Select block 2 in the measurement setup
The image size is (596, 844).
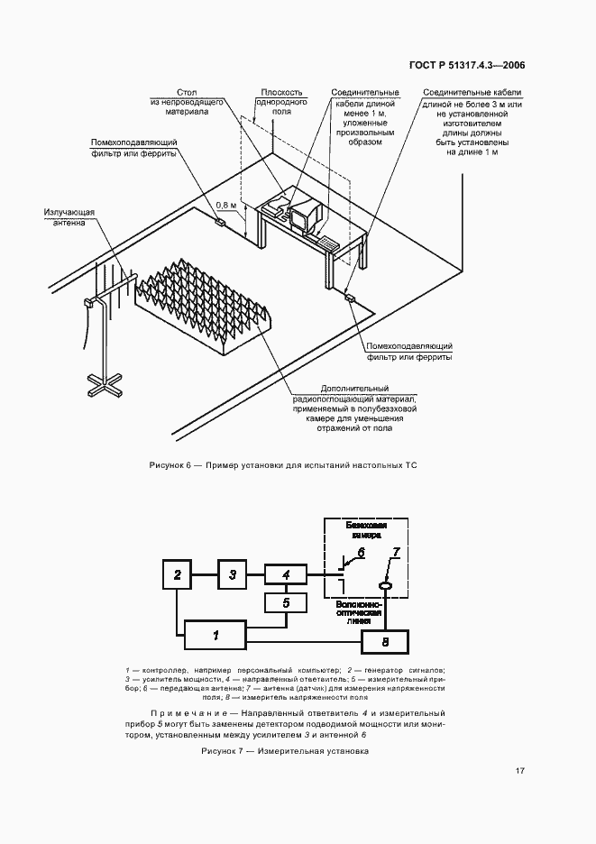click(x=178, y=573)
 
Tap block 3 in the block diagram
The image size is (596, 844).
click(x=233, y=573)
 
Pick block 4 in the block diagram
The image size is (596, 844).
click(x=286, y=573)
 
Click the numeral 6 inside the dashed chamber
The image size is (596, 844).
click(x=361, y=552)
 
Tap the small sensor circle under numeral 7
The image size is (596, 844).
click(x=384, y=587)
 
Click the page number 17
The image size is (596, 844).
click(x=520, y=771)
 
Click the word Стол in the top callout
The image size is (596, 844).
click(x=187, y=92)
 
